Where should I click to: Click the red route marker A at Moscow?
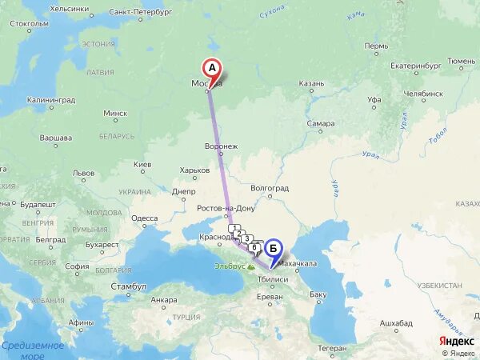(212, 69)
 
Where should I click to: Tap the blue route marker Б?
(273, 248)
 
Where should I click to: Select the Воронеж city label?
(222, 146)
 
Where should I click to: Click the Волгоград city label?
(269, 189)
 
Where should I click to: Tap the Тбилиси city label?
(273, 280)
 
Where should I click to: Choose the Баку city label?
(318, 294)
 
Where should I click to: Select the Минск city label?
(115, 114)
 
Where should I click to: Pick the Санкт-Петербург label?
(141, 13)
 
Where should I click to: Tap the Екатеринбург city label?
(417, 66)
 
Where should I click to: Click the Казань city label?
(311, 83)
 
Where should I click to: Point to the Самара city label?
(320, 124)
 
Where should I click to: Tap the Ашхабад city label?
(396, 322)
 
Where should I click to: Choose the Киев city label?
(142, 165)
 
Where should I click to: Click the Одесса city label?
(145, 218)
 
